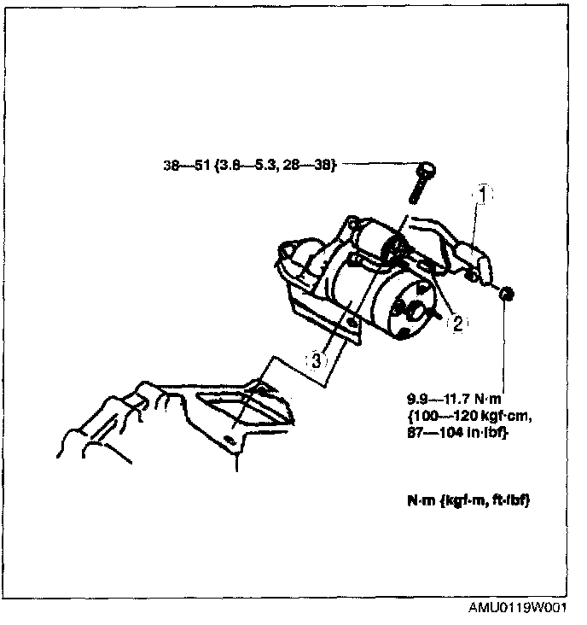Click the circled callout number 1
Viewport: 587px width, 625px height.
(482, 194)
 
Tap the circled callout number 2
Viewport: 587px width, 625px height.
(457, 322)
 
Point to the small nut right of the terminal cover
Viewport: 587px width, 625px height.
(505, 295)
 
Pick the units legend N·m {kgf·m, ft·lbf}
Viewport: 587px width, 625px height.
(468, 501)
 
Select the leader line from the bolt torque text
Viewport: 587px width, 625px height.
(375, 166)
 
